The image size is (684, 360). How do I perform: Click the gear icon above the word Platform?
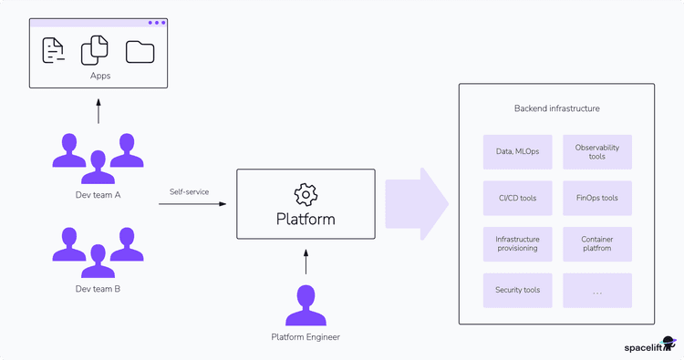[306, 193]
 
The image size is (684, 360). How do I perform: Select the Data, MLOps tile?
[517, 151]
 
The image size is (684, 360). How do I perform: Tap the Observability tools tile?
[597, 151]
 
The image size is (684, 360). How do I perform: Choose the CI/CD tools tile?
[517, 197]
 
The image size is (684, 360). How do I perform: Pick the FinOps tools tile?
[597, 197]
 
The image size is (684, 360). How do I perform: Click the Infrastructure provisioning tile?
[517, 243]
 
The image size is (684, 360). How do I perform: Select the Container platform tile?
[597, 243]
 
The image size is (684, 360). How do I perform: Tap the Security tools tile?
[517, 290]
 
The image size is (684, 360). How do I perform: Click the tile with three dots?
[597, 290]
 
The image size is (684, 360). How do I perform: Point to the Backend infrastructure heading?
[556, 108]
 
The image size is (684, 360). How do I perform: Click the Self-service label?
[191, 191]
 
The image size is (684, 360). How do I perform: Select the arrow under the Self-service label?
[192, 204]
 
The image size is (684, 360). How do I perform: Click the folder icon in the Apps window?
[140, 51]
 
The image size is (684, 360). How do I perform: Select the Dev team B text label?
[98, 289]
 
